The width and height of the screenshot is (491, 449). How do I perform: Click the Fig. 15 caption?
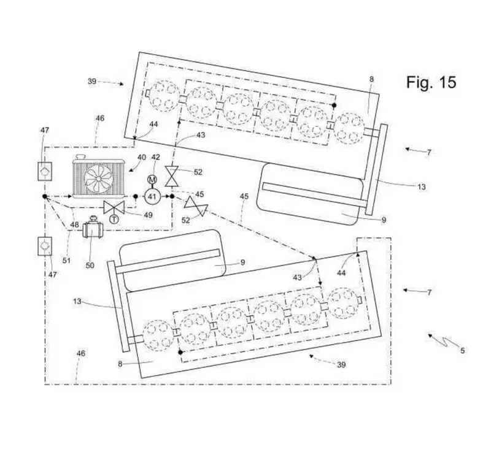(x=431, y=82)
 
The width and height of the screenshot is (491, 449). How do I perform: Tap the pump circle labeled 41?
(x=152, y=196)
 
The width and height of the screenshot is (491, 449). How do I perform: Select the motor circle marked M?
(x=152, y=180)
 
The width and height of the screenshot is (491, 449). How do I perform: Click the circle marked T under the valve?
(x=114, y=220)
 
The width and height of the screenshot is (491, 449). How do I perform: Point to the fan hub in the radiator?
(x=98, y=178)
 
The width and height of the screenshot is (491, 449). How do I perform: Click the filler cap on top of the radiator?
(x=82, y=156)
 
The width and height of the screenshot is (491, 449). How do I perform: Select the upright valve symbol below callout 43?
(x=172, y=176)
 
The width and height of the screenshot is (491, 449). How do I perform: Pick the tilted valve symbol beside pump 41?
(x=196, y=206)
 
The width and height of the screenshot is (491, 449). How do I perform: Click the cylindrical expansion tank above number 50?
(x=92, y=229)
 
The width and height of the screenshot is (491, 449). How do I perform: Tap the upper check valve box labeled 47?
(x=45, y=171)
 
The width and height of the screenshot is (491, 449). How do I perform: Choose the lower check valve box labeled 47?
(x=45, y=246)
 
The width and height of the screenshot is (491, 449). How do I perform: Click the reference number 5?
(x=462, y=350)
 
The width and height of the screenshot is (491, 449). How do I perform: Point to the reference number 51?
(x=66, y=260)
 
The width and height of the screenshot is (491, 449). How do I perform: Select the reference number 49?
(x=148, y=215)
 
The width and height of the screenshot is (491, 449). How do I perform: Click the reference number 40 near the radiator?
(x=142, y=157)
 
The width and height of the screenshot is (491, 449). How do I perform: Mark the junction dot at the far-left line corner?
(x=45, y=196)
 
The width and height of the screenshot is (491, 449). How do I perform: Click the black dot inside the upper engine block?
(x=334, y=106)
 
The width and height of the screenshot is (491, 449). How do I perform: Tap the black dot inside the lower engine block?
(x=180, y=352)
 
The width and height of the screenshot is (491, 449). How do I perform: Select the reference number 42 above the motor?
(x=156, y=158)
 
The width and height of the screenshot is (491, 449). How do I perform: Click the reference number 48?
(x=74, y=224)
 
